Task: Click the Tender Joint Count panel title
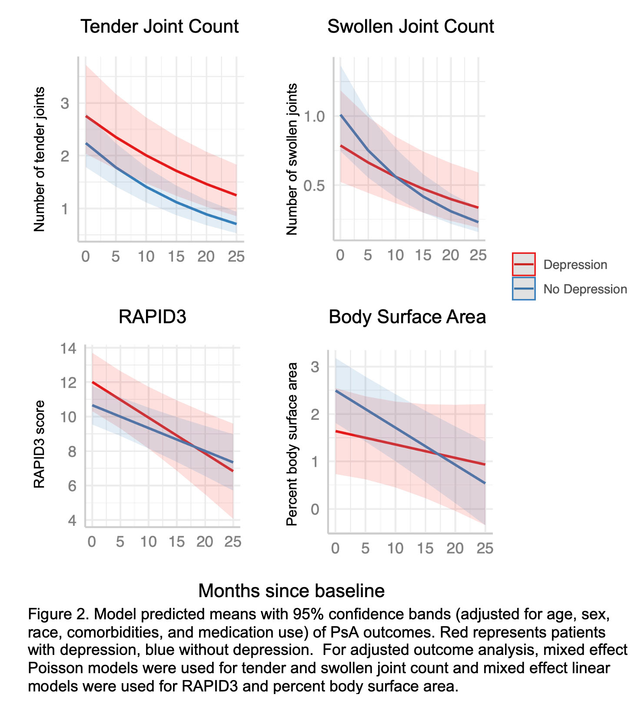159,27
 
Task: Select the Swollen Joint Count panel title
410,27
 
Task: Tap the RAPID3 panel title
152,316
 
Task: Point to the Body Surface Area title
407,317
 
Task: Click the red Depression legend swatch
524,264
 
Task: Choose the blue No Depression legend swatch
524,289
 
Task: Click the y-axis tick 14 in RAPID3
69,349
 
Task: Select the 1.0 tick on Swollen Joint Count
314,116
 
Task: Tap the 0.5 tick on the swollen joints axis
314,186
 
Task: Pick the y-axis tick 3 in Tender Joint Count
65,103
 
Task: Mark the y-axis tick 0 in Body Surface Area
315,509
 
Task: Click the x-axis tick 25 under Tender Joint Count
236,257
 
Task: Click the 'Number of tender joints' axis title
39,159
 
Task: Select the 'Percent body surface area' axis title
292,444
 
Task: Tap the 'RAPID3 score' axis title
39,444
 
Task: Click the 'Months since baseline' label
291,591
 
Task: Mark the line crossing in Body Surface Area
439,455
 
